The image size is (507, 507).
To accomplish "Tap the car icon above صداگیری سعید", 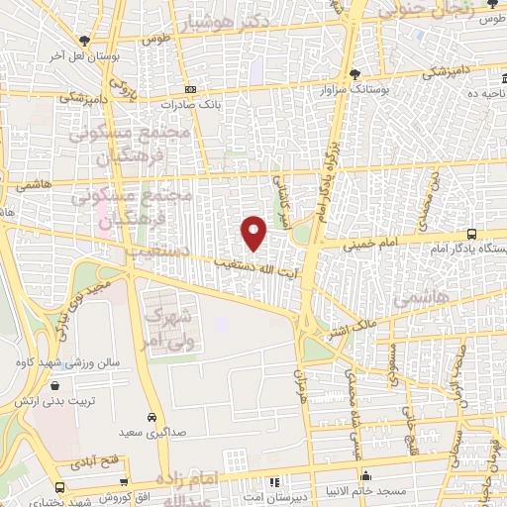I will click(x=152, y=417).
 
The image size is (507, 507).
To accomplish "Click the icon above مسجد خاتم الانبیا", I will click(x=366, y=474).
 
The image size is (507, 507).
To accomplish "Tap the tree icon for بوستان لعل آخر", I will click(x=84, y=43).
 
